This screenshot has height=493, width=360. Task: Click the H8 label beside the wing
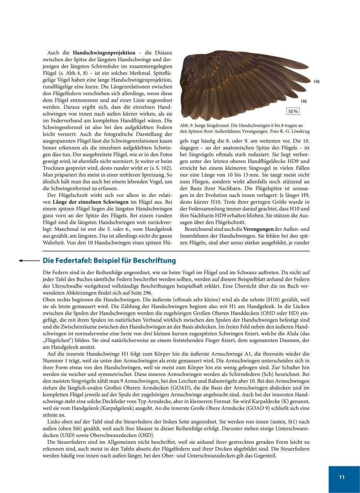(x=316, y=82)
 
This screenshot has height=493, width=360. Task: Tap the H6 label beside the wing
(x=304, y=101)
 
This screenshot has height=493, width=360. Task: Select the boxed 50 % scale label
(x=293, y=111)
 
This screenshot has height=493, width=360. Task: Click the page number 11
(x=342, y=477)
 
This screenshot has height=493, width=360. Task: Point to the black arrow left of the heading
(x=29, y=261)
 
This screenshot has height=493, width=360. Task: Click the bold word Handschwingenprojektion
(x=104, y=52)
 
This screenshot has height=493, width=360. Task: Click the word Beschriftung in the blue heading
(x=154, y=261)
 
